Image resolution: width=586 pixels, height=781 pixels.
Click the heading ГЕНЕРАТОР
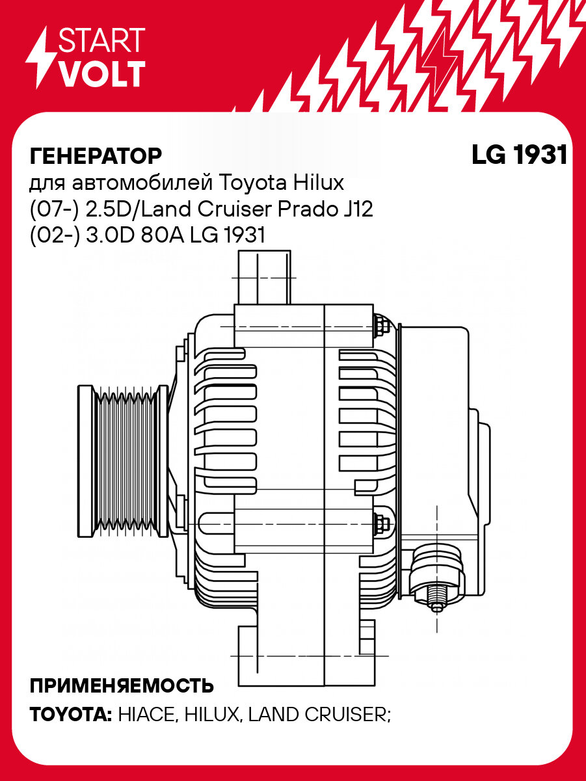tap(96, 156)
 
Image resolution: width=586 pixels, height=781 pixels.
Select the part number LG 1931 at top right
tap(519, 156)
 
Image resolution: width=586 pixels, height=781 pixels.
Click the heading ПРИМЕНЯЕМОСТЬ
tap(122, 686)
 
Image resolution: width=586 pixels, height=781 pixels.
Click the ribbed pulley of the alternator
tap(120, 461)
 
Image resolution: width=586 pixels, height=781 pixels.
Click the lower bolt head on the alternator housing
tap(382, 523)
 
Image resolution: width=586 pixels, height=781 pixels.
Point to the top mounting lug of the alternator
tap(263, 278)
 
